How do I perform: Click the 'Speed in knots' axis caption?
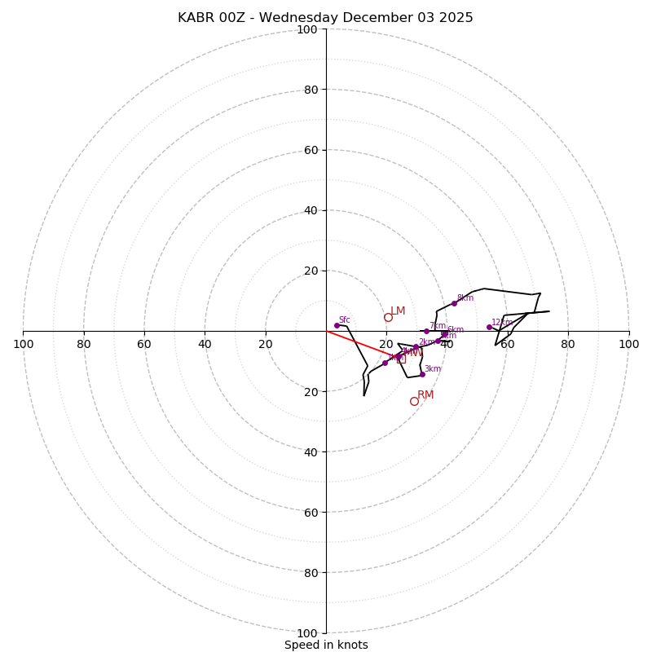pos(326,645)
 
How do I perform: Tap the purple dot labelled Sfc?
pos(337,325)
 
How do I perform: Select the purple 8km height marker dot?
pos(454,303)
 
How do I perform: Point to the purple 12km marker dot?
pos(489,327)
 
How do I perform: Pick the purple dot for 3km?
pos(422,374)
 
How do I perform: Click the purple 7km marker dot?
pos(426,331)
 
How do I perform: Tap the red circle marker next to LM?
pos(388,317)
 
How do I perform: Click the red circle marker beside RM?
pos(414,401)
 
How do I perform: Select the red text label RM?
pos(425,395)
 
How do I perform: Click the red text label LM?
pos(398,311)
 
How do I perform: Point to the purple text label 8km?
pos(465,298)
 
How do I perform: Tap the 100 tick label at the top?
pos(307,29)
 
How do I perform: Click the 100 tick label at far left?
pos(23,344)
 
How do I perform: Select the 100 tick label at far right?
pos(628,344)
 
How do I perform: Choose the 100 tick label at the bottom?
pos(307,633)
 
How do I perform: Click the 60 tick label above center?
pos(311,150)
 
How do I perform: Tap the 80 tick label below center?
pos(311,573)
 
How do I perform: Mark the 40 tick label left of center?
pos(205,344)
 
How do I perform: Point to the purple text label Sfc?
pos(344,320)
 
